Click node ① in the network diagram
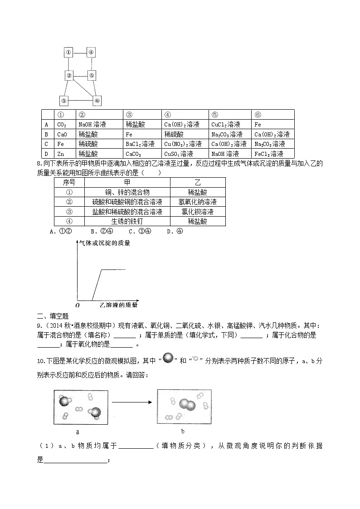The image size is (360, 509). point(68,52)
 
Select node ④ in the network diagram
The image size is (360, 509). point(91,52)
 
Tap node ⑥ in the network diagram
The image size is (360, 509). point(97,101)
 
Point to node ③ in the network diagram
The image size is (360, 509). point(64,101)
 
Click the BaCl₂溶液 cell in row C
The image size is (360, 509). point(140,144)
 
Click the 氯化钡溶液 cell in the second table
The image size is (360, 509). point(197,212)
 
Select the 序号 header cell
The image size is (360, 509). point(69,182)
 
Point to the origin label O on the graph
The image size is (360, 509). point(78,305)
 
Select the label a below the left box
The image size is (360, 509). point(78,432)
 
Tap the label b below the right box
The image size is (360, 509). point(183,431)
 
